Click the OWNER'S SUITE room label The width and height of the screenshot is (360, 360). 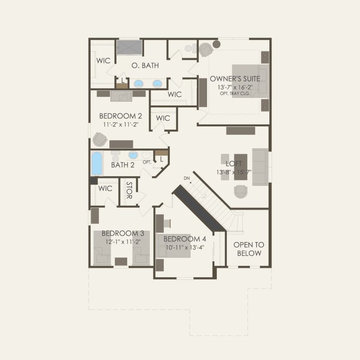(x=235, y=79)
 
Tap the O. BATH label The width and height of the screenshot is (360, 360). (x=145, y=66)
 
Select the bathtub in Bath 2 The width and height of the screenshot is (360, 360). (x=97, y=163)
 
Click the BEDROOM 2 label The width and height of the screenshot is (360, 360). (x=120, y=116)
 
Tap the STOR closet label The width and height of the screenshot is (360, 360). (x=128, y=190)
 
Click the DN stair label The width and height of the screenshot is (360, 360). (x=187, y=178)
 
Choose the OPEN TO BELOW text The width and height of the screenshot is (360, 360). (x=249, y=249)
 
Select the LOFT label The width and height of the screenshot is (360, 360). (x=234, y=164)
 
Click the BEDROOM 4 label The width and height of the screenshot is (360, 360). (x=185, y=239)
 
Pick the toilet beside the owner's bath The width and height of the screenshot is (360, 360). (x=188, y=49)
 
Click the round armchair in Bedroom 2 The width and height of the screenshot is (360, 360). (x=100, y=139)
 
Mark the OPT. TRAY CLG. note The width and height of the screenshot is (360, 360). (x=235, y=93)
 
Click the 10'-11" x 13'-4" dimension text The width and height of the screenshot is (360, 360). (x=184, y=247)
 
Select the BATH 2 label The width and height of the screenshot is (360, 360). (x=123, y=165)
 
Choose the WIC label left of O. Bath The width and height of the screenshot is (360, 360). (x=103, y=61)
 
